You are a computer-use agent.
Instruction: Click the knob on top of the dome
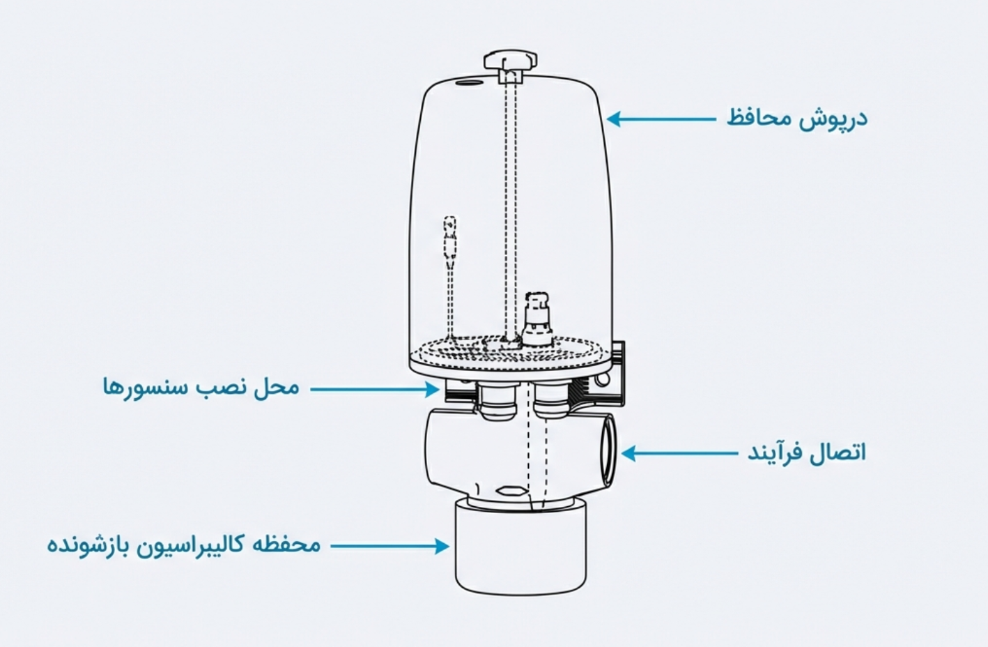point(510,60)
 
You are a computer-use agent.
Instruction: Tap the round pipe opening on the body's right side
point(606,450)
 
